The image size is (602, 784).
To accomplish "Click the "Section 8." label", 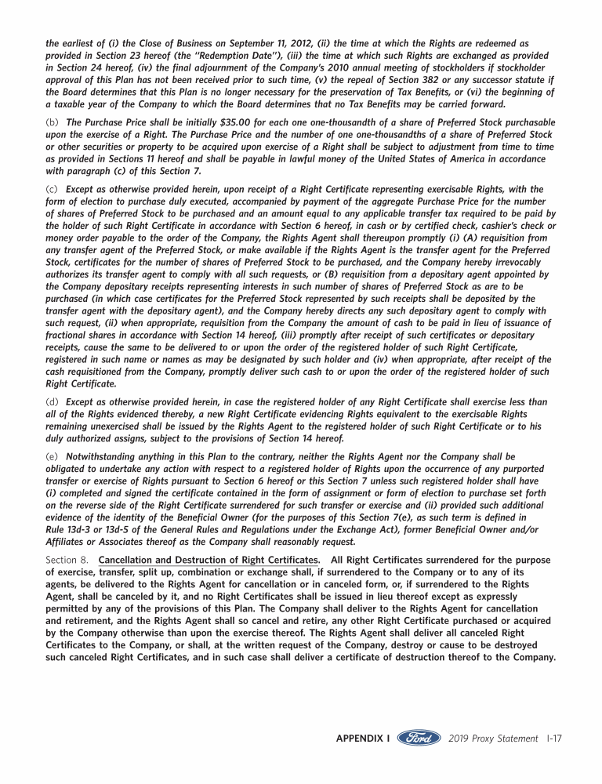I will point(67,560).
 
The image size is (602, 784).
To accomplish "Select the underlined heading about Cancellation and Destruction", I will point(209,560).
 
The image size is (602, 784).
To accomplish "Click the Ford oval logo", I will point(419,739).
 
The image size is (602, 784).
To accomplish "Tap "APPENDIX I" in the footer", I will point(363,739).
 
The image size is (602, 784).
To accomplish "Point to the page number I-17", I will point(553,739).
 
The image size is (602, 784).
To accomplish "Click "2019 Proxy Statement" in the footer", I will point(494,739).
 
